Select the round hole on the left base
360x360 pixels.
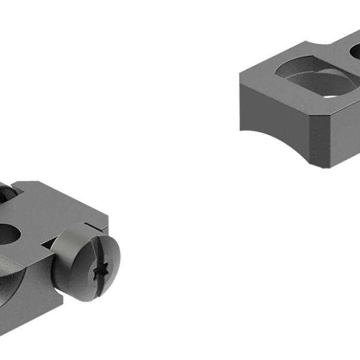pyautogui.click(x=7, y=234)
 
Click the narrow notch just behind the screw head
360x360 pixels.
pyautogui.click(x=90, y=227)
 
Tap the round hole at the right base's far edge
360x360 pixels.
pyautogui.click(x=355, y=51)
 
